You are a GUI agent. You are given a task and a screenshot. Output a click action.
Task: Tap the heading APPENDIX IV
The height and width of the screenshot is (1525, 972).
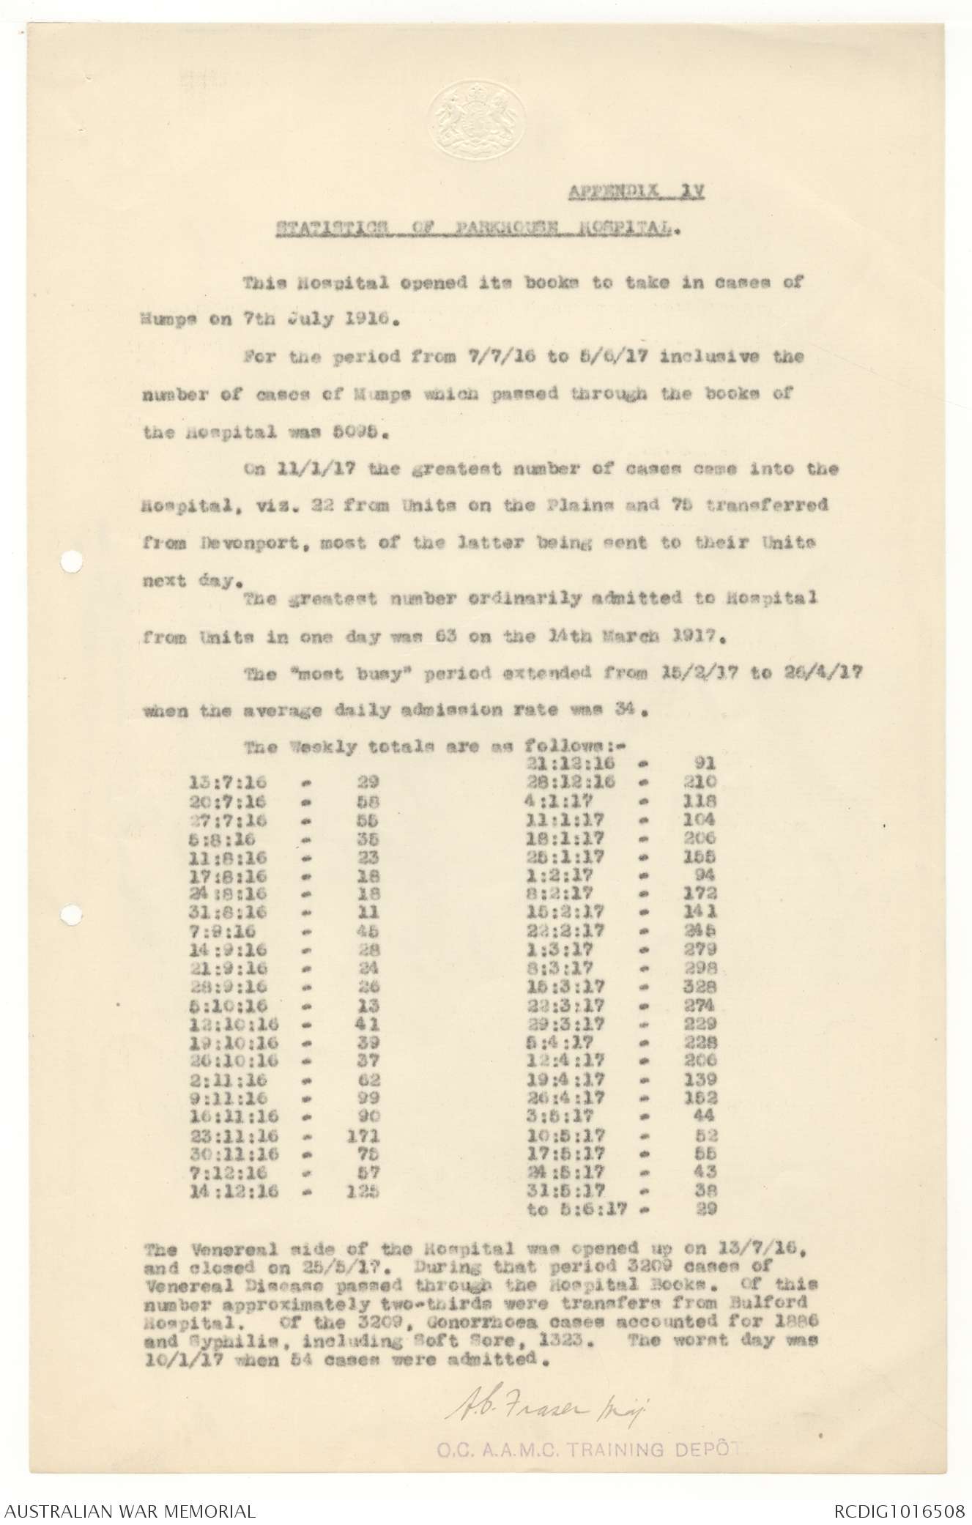tap(636, 193)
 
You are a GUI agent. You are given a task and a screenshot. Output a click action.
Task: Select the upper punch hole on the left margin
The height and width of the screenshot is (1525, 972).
tap(70, 563)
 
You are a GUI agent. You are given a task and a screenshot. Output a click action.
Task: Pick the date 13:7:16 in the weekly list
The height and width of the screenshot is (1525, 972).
tap(219, 782)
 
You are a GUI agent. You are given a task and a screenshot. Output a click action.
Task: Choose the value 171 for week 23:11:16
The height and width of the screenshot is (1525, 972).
tap(362, 1136)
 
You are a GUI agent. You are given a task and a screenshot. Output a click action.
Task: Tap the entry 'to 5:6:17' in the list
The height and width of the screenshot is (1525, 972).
tap(577, 1210)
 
